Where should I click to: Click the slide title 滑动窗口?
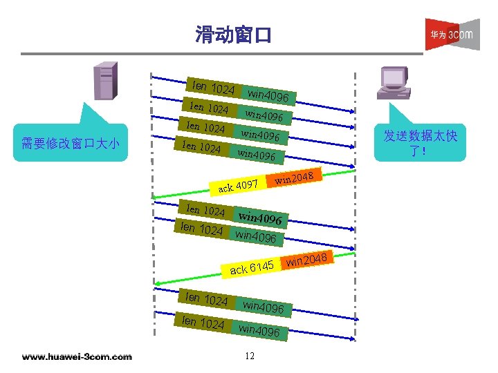pyautogui.click(x=234, y=34)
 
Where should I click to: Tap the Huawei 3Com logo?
pyautogui.click(x=452, y=34)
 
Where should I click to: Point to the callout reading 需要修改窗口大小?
pyautogui.click(x=71, y=143)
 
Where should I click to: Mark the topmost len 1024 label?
pyautogui.click(x=213, y=88)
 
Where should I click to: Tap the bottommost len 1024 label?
pyautogui.click(x=202, y=323)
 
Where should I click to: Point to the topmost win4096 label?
pyautogui.click(x=273, y=96)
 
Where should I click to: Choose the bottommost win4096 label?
pyautogui.click(x=259, y=331)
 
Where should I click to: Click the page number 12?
pyautogui.click(x=250, y=356)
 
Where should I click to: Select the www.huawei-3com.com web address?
pyautogui.click(x=77, y=356)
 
